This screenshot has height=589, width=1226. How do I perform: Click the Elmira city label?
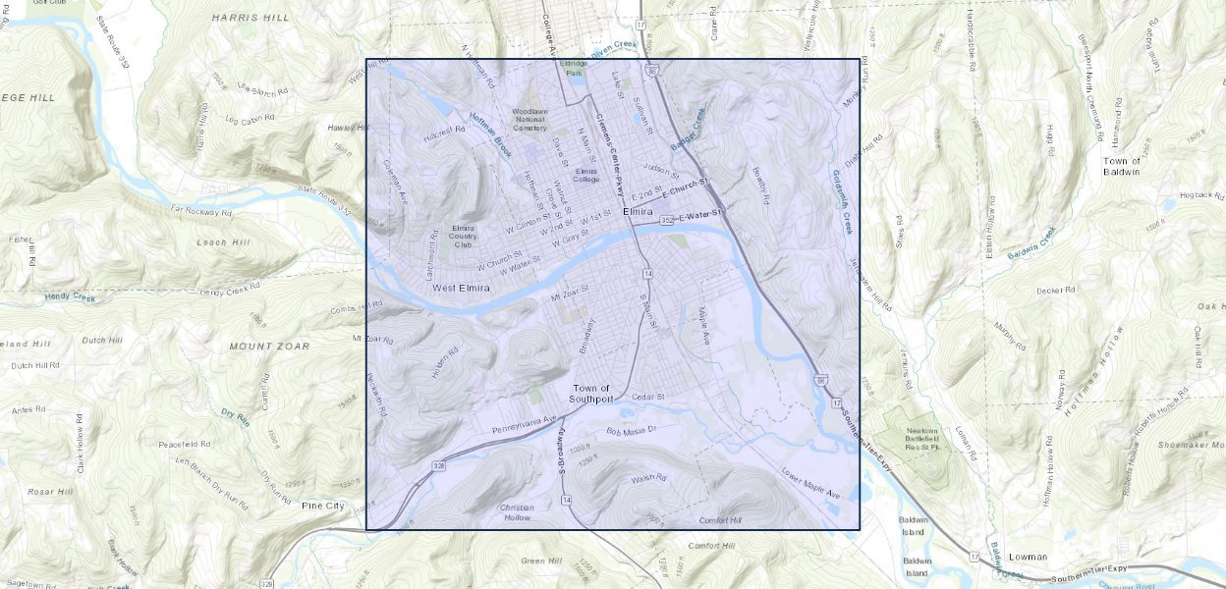coord(638,211)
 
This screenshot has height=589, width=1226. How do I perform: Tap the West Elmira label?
coord(459,288)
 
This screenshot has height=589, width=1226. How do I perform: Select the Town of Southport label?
coord(591,394)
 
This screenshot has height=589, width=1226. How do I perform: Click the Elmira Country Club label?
coord(464,235)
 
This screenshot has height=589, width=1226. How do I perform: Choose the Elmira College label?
coord(586,175)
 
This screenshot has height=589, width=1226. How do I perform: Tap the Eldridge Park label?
coord(573,68)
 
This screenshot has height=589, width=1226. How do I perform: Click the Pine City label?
coord(323,506)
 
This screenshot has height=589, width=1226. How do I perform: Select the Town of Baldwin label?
coord(1122,166)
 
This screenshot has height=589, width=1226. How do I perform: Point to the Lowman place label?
coord(1028,557)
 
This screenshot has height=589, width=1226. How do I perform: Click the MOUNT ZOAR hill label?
coord(269,347)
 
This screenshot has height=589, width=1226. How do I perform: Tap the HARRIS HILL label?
coord(251,18)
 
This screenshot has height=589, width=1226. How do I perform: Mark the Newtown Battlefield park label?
coord(922,439)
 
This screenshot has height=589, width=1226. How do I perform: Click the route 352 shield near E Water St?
coord(667,220)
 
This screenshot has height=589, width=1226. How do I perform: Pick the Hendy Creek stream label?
coord(70,295)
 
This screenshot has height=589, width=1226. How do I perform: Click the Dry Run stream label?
coord(235,418)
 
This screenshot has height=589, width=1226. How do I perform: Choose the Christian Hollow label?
coord(517,512)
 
